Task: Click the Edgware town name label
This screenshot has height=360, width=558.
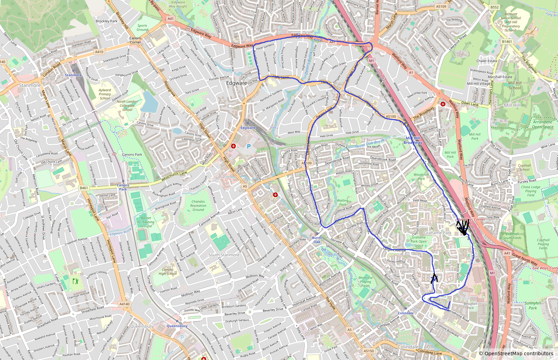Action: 237,83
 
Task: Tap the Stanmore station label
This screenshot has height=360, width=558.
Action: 73,75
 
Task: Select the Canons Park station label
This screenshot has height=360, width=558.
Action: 123,187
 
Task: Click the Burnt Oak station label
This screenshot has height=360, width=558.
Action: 317,240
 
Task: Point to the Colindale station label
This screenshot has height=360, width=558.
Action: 405,313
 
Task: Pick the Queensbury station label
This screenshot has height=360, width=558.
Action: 177,326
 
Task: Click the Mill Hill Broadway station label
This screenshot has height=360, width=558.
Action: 413,140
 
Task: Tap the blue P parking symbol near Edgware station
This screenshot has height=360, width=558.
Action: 249,146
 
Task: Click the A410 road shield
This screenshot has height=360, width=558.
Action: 99,52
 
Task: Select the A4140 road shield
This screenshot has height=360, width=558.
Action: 125,304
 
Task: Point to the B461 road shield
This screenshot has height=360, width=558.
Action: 84,188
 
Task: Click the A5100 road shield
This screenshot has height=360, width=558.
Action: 391,116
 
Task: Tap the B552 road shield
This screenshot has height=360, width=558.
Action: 495,7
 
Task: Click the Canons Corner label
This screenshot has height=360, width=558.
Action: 135,40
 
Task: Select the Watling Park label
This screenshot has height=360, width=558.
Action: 343,203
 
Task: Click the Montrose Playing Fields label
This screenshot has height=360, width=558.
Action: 365,282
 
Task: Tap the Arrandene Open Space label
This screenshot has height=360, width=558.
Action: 543,124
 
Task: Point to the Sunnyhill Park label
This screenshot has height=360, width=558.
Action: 533,305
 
